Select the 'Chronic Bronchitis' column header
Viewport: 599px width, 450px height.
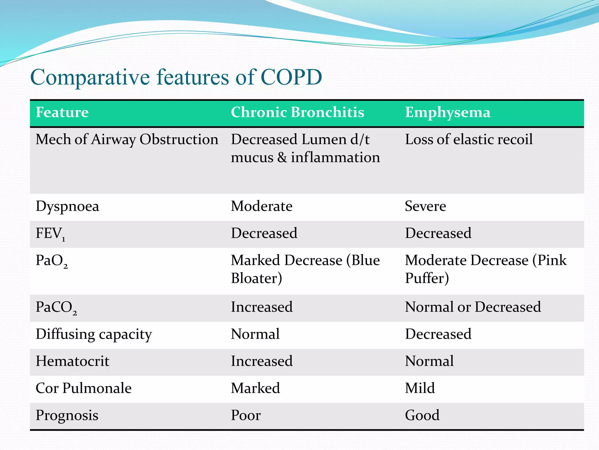click(297, 112)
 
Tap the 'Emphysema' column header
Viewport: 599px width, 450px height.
click(447, 112)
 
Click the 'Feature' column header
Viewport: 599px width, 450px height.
click(62, 112)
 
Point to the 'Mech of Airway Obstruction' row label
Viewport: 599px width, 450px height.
click(127, 139)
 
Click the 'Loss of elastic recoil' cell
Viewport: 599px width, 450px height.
click(469, 139)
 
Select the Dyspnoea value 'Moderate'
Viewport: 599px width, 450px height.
click(261, 206)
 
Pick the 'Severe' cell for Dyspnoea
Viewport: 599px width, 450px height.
click(425, 206)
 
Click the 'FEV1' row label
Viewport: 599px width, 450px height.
click(50, 234)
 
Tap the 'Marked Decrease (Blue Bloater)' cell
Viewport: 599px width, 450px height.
click(305, 269)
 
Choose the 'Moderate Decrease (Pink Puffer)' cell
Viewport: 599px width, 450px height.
click(486, 269)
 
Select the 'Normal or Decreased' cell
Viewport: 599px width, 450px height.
click(473, 307)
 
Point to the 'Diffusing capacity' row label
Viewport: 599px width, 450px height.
click(94, 334)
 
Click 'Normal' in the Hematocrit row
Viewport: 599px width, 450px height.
click(429, 361)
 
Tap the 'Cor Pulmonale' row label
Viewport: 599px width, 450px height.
click(83, 388)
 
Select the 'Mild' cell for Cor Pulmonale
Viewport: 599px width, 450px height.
click(420, 388)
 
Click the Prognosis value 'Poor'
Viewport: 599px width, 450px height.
click(245, 415)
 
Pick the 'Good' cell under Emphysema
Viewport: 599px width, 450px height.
click(422, 415)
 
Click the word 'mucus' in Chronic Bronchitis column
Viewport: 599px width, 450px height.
click(252, 158)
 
